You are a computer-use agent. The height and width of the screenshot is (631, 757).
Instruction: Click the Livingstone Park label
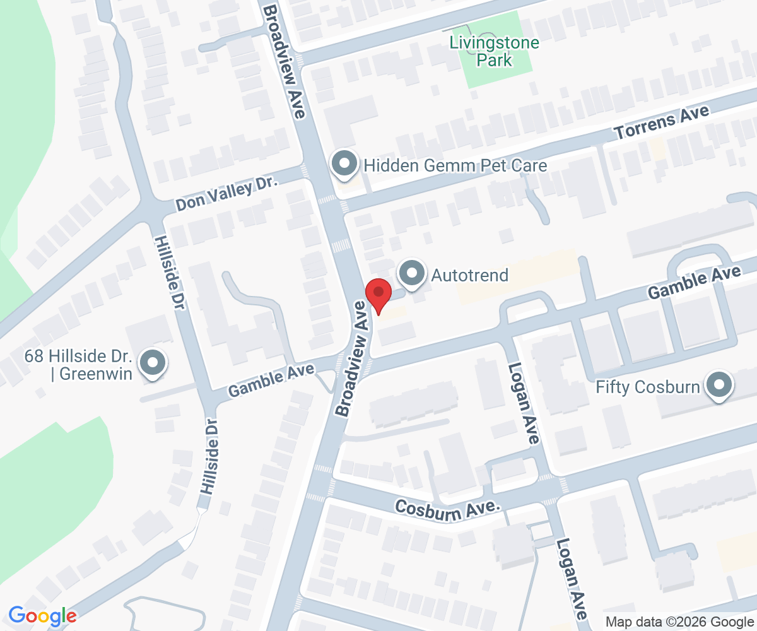[495, 52]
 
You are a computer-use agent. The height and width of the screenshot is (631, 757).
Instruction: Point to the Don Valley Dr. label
[226, 194]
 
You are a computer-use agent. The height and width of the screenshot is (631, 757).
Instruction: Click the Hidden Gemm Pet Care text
[455, 165]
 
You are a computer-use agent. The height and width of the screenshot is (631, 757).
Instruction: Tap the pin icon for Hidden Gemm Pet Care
[344, 164]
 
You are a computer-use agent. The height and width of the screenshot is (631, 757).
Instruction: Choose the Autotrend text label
[469, 275]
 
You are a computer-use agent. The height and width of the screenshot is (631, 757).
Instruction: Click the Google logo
[42, 615]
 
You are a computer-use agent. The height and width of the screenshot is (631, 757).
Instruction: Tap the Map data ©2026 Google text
[679, 622]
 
